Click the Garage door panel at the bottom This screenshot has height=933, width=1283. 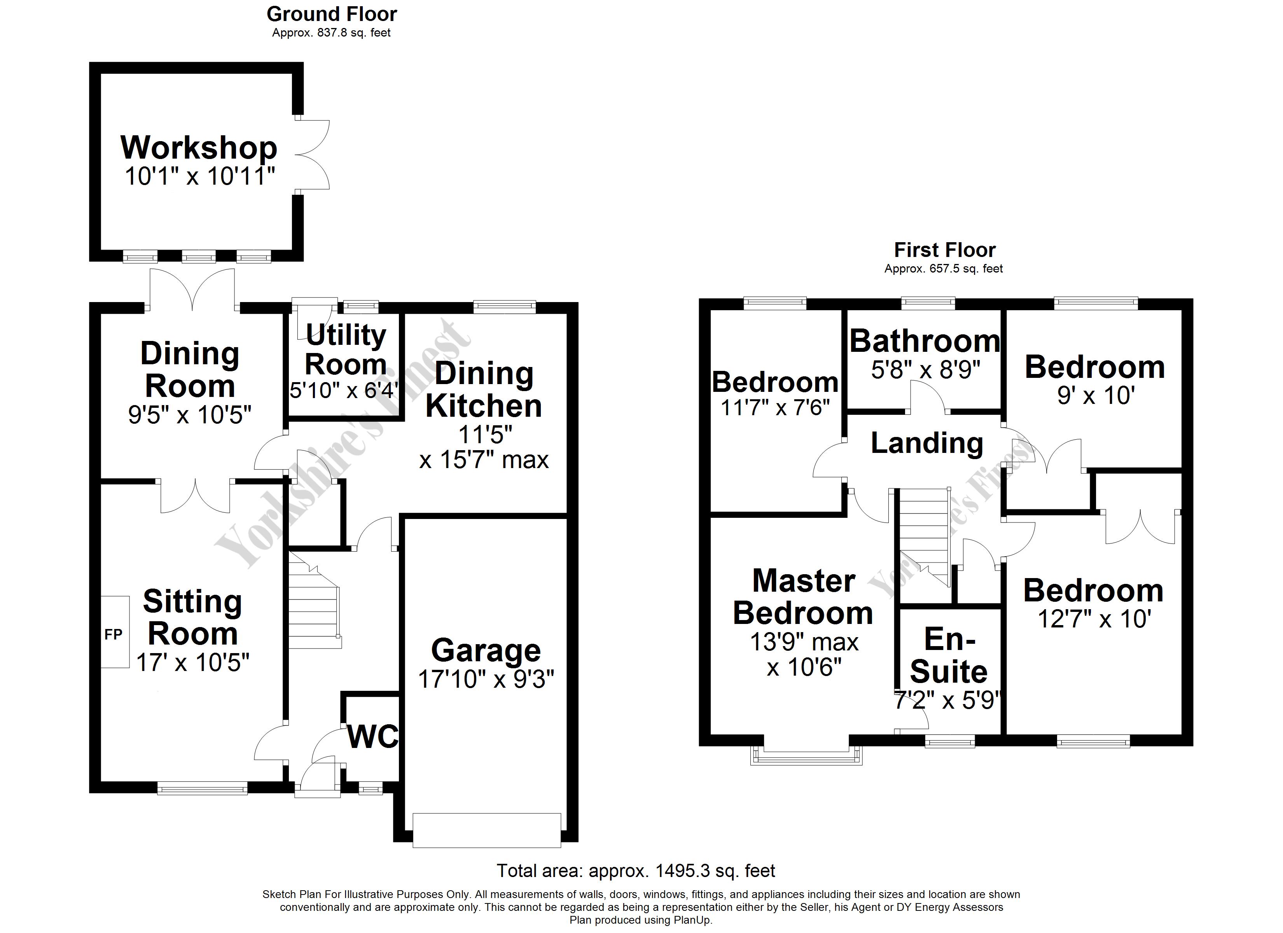tap(486, 830)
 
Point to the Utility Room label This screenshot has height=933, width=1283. tap(346, 349)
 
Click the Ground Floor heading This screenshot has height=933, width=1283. tap(332, 14)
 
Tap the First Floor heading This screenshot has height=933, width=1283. tap(945, 250)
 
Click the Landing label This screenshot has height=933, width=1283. tap(926, 443)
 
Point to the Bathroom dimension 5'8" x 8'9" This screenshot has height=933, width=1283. tap(925, 370)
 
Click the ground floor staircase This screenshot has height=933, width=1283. tap(315, 600)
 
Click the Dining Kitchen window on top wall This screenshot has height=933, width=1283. tap(504, 307)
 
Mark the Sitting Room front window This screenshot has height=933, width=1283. tap(202, 788)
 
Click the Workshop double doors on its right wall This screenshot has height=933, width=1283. tap(312, 154)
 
